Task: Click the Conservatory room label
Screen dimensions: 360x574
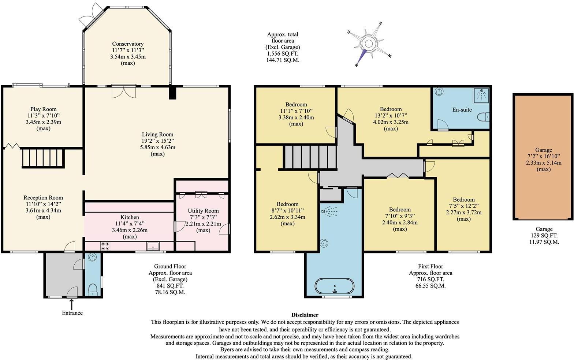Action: pyautogui.click(x=128, y=44)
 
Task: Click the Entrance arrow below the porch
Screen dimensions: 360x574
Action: pyautogui.click(x=72, y=303)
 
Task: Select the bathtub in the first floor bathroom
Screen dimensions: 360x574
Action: pyautogui.click(x=335, y=286)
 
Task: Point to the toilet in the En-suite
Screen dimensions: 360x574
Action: pyautogui.click(x=484, y=117)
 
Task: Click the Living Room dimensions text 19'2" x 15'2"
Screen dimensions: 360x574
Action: pyautogui.click(x=157, y=141)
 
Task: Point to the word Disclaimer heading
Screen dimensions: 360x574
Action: pyautogui.click(x=305, y=315)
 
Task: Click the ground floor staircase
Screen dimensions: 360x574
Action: pyautogui.click(x=44, y=158)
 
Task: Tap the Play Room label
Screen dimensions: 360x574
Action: pyautogui.click(x=44, y=109)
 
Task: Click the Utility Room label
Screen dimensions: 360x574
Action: pyautogui.click(x=203, y=211)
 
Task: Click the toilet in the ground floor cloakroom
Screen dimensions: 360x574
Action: pyautogui.click(x=93, y=289)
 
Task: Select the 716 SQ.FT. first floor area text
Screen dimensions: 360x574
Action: pyautogui.click(x=430, y=279)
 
